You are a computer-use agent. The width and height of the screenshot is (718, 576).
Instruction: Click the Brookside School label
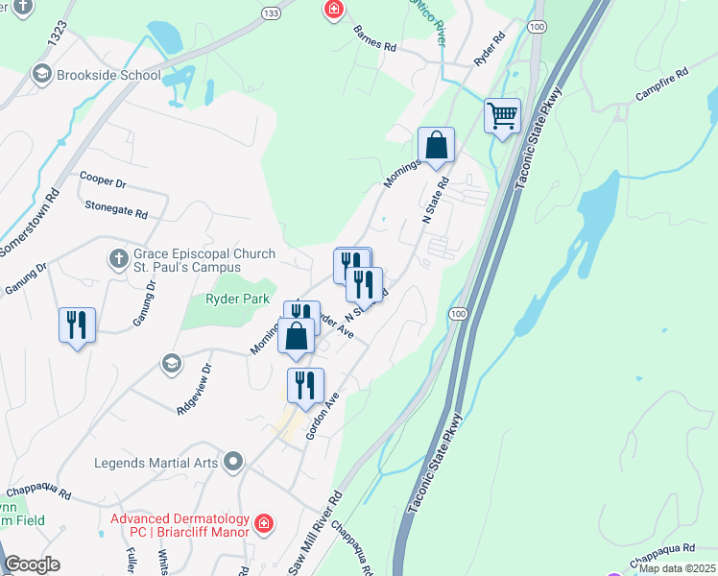[108, 74]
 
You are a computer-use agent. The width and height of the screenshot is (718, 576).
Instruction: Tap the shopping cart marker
[502, 117]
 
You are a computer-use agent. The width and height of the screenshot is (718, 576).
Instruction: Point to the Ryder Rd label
[489, 49]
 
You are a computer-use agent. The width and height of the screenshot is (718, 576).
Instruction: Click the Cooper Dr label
[104, 180]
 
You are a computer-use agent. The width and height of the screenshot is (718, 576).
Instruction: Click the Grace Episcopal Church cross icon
[118, 259]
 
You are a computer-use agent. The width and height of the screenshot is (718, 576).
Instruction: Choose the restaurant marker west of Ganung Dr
[77, 324]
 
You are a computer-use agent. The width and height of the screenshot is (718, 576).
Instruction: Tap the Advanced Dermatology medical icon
[263, 524]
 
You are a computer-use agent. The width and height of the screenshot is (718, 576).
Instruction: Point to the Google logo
[32, 564]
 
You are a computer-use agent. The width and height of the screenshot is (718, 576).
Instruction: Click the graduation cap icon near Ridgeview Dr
[171, 363]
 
